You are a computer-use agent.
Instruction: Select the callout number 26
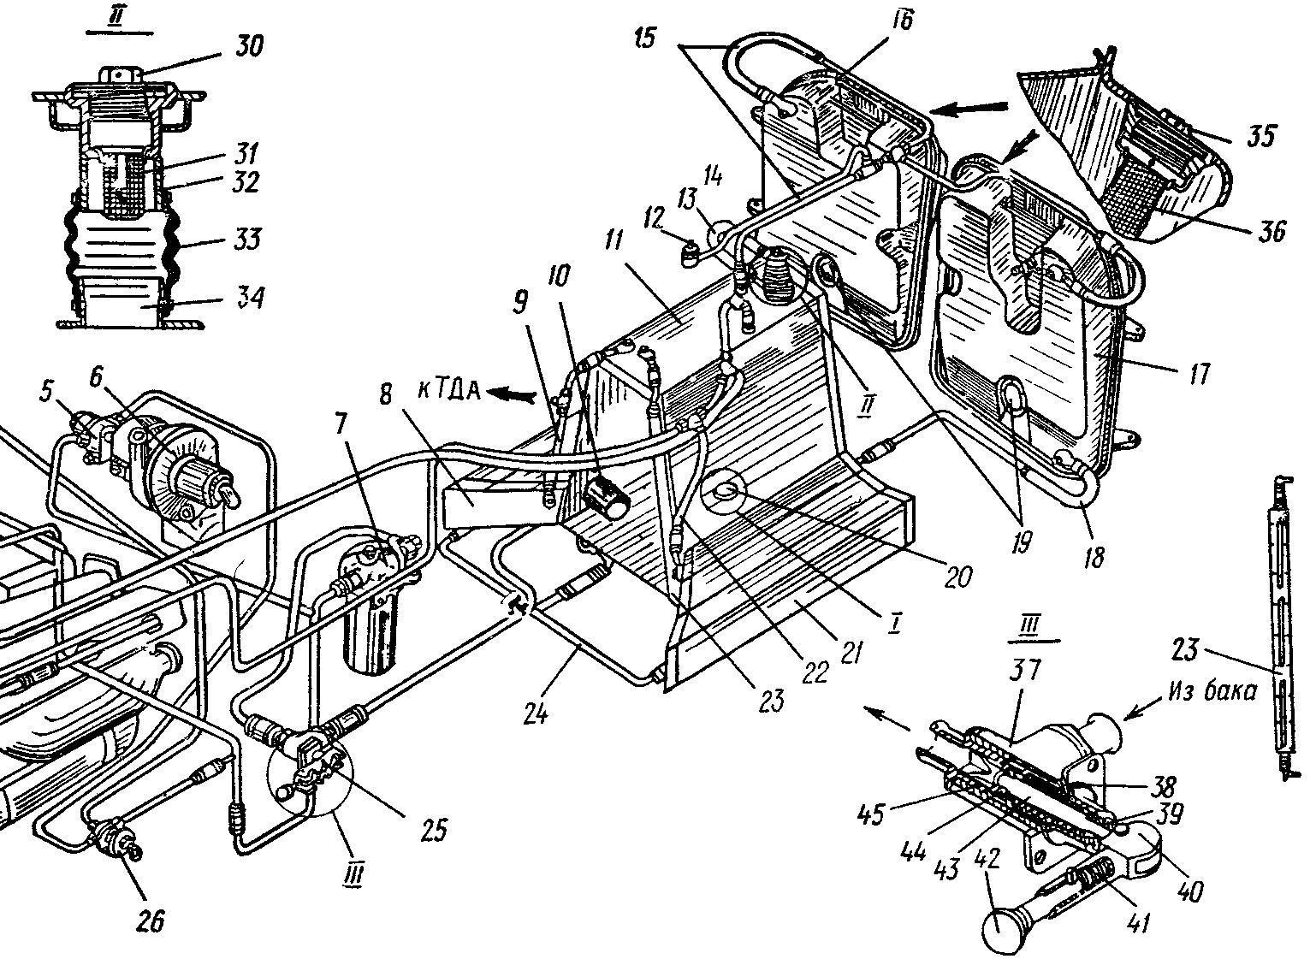pos(150,921)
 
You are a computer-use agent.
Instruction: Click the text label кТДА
pos(449,391)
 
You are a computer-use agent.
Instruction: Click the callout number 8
pos(385,394)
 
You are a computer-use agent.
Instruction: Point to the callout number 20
pos(957,577)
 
